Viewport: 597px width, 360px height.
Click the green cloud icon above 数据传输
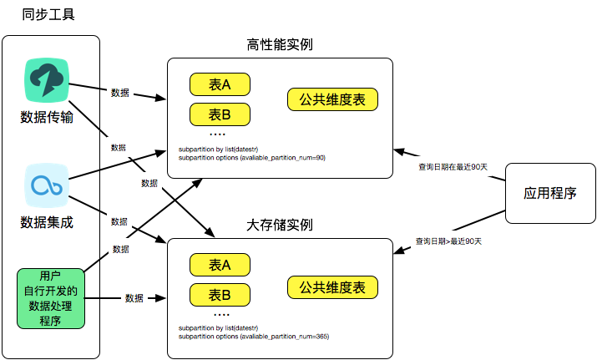(47, 82)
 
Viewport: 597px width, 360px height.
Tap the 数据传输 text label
(47, 117)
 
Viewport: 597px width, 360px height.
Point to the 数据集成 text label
(47, 222)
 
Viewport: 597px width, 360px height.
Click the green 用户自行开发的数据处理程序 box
(50, 298)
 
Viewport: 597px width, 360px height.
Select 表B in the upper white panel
(220, 114)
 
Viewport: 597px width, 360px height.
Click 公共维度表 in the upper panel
(332, 99)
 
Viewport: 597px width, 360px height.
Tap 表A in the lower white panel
(220, 265)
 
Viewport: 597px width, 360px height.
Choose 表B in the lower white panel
(220, 294)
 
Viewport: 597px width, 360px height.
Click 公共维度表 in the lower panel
(332, 287)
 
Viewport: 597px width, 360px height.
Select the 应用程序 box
(550, 193)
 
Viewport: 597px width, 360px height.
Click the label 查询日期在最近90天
(453, 167)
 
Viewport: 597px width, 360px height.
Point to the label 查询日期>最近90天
(449, 241)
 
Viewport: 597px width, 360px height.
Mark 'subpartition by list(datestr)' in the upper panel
(219, 150)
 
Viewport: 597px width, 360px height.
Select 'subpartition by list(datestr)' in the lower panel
(219, 329)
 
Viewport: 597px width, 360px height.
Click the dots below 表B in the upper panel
(217, 134)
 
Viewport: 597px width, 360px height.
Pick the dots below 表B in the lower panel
(221, 314)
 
